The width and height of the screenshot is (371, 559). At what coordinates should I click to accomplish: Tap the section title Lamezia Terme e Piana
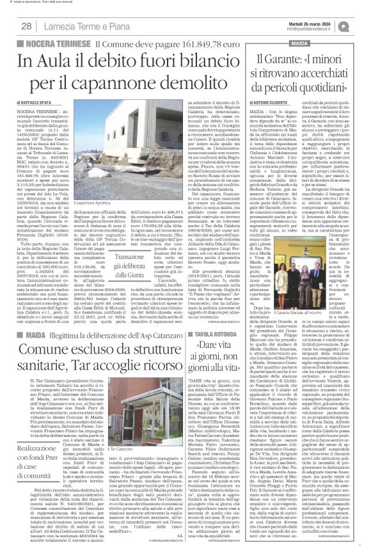tap(72, 25)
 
